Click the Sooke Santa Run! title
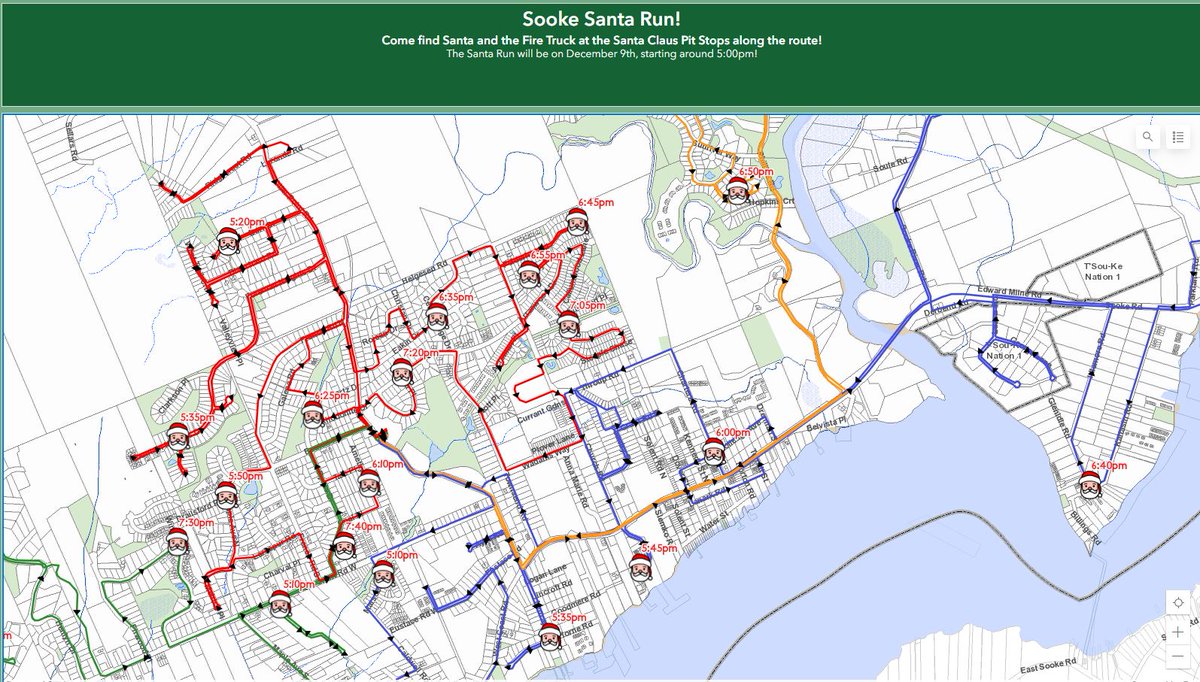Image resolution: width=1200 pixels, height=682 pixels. click(x=600, y=19)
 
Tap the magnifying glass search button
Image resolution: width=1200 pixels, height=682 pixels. click(x=1148, y=137)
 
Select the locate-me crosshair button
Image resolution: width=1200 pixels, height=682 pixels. click(x=1179, y=602)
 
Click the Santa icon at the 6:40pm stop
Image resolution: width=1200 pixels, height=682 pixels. click(x=1090, y=486)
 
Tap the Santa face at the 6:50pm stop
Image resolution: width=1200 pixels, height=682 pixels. click(x=737, y=192)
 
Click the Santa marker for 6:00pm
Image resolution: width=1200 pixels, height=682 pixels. click(x=713, y=451)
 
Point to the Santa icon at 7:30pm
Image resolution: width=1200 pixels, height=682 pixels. click(x=178, y=542)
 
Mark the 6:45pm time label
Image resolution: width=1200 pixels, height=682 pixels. click(x=595, y=203)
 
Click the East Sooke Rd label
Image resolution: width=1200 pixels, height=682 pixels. click(x=1046, y=665)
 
